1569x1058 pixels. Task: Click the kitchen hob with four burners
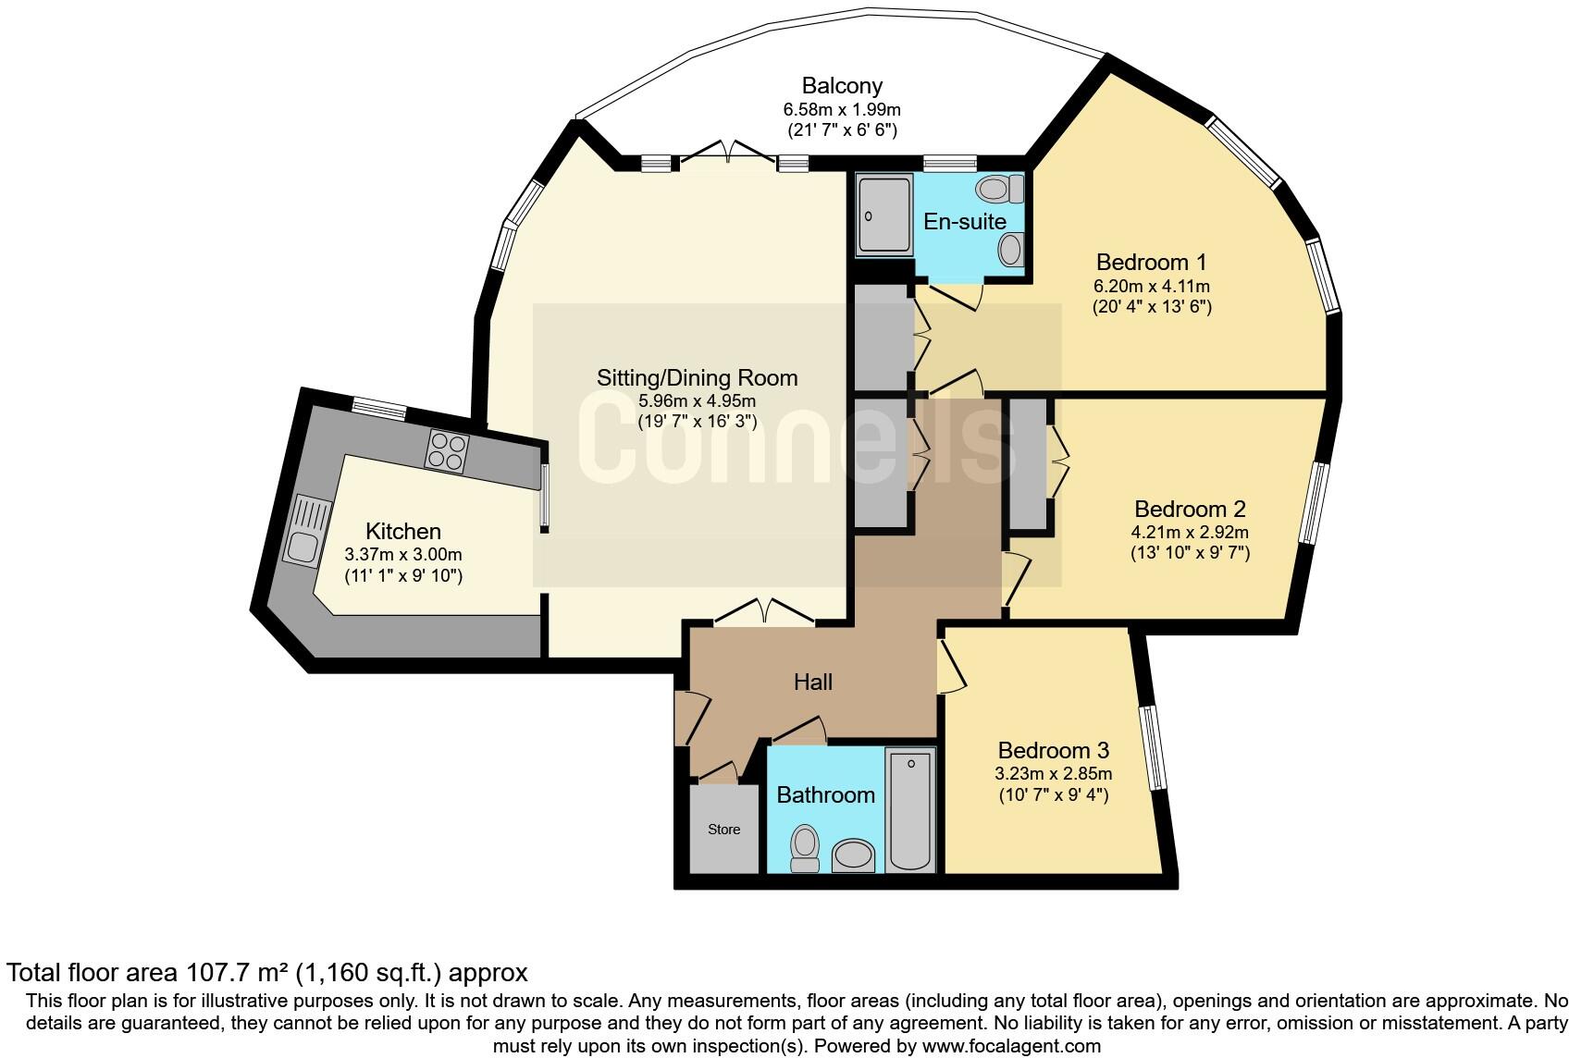447,452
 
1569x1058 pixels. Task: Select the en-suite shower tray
884,215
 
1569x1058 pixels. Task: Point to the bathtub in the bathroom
911,810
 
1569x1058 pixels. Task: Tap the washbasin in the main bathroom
854,855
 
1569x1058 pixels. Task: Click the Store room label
723,830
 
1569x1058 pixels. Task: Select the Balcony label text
841,86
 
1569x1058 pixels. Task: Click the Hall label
812,683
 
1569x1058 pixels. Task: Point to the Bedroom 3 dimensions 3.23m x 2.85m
1053,773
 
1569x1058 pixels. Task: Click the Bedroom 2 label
1189,509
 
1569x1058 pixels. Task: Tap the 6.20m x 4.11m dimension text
1151,286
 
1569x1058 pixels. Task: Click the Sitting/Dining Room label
697,377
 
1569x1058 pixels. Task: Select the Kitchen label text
402,531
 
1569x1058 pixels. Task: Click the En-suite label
964,221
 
